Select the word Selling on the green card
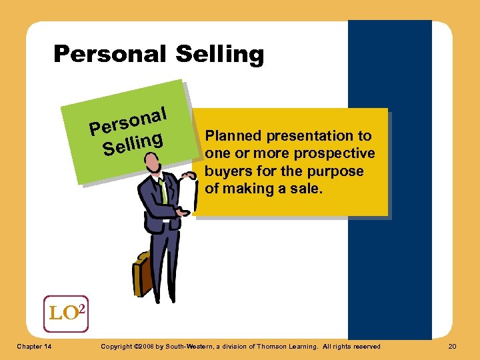(x=133, y=143)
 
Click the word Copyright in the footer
(x=115, y=346)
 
